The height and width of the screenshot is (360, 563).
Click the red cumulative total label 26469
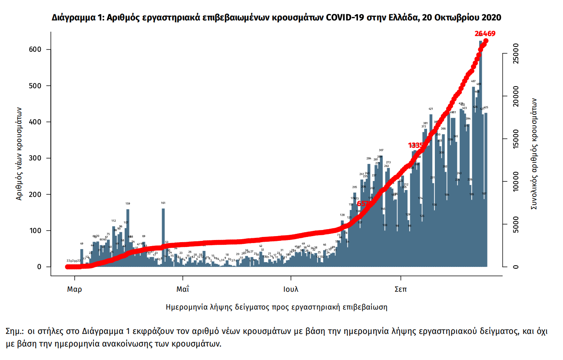coord(485,33)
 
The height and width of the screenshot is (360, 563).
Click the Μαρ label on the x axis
coord(75,289)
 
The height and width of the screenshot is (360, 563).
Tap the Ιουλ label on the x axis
coord(291,289)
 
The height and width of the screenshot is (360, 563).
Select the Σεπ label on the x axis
coord(401,289)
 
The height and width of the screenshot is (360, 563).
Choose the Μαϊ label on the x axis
coord(183,289)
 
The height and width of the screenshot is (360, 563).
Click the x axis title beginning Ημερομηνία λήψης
coord(276,307)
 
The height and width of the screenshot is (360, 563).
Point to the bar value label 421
coord(431,109)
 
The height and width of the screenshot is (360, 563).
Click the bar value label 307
coord(381,150)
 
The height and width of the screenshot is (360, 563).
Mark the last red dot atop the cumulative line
coord(486,41)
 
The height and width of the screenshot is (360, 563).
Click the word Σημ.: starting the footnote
coord(16,331)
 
